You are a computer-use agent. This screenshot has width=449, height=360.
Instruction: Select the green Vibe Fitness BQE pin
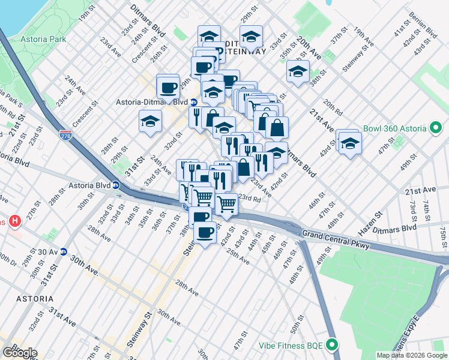coord(332,345)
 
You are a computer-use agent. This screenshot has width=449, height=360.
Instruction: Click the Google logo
coord(19,353)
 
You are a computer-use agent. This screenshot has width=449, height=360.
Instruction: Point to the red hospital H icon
coord(15,221)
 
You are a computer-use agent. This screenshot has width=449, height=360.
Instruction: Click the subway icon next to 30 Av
coord(63,252)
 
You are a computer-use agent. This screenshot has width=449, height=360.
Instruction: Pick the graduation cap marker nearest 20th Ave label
coord(298,71)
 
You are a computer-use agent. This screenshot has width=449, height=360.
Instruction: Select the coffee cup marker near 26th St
coord(168,88)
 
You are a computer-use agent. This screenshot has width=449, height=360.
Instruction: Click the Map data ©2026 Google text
coord(411,355)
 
